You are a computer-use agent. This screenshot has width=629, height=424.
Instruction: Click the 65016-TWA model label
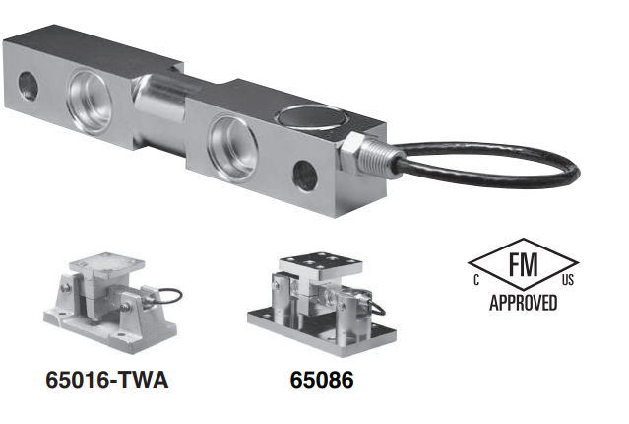pos(106,379)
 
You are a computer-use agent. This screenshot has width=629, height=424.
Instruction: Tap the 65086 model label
pos(322,380)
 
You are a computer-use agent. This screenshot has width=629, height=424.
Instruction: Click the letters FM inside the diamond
pos(523,264)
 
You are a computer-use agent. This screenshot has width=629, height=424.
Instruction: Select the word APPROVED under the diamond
pos(524,303)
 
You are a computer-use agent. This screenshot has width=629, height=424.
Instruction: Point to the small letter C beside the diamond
pos(476,279)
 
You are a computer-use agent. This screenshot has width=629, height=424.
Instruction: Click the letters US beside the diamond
pos(568,279)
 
